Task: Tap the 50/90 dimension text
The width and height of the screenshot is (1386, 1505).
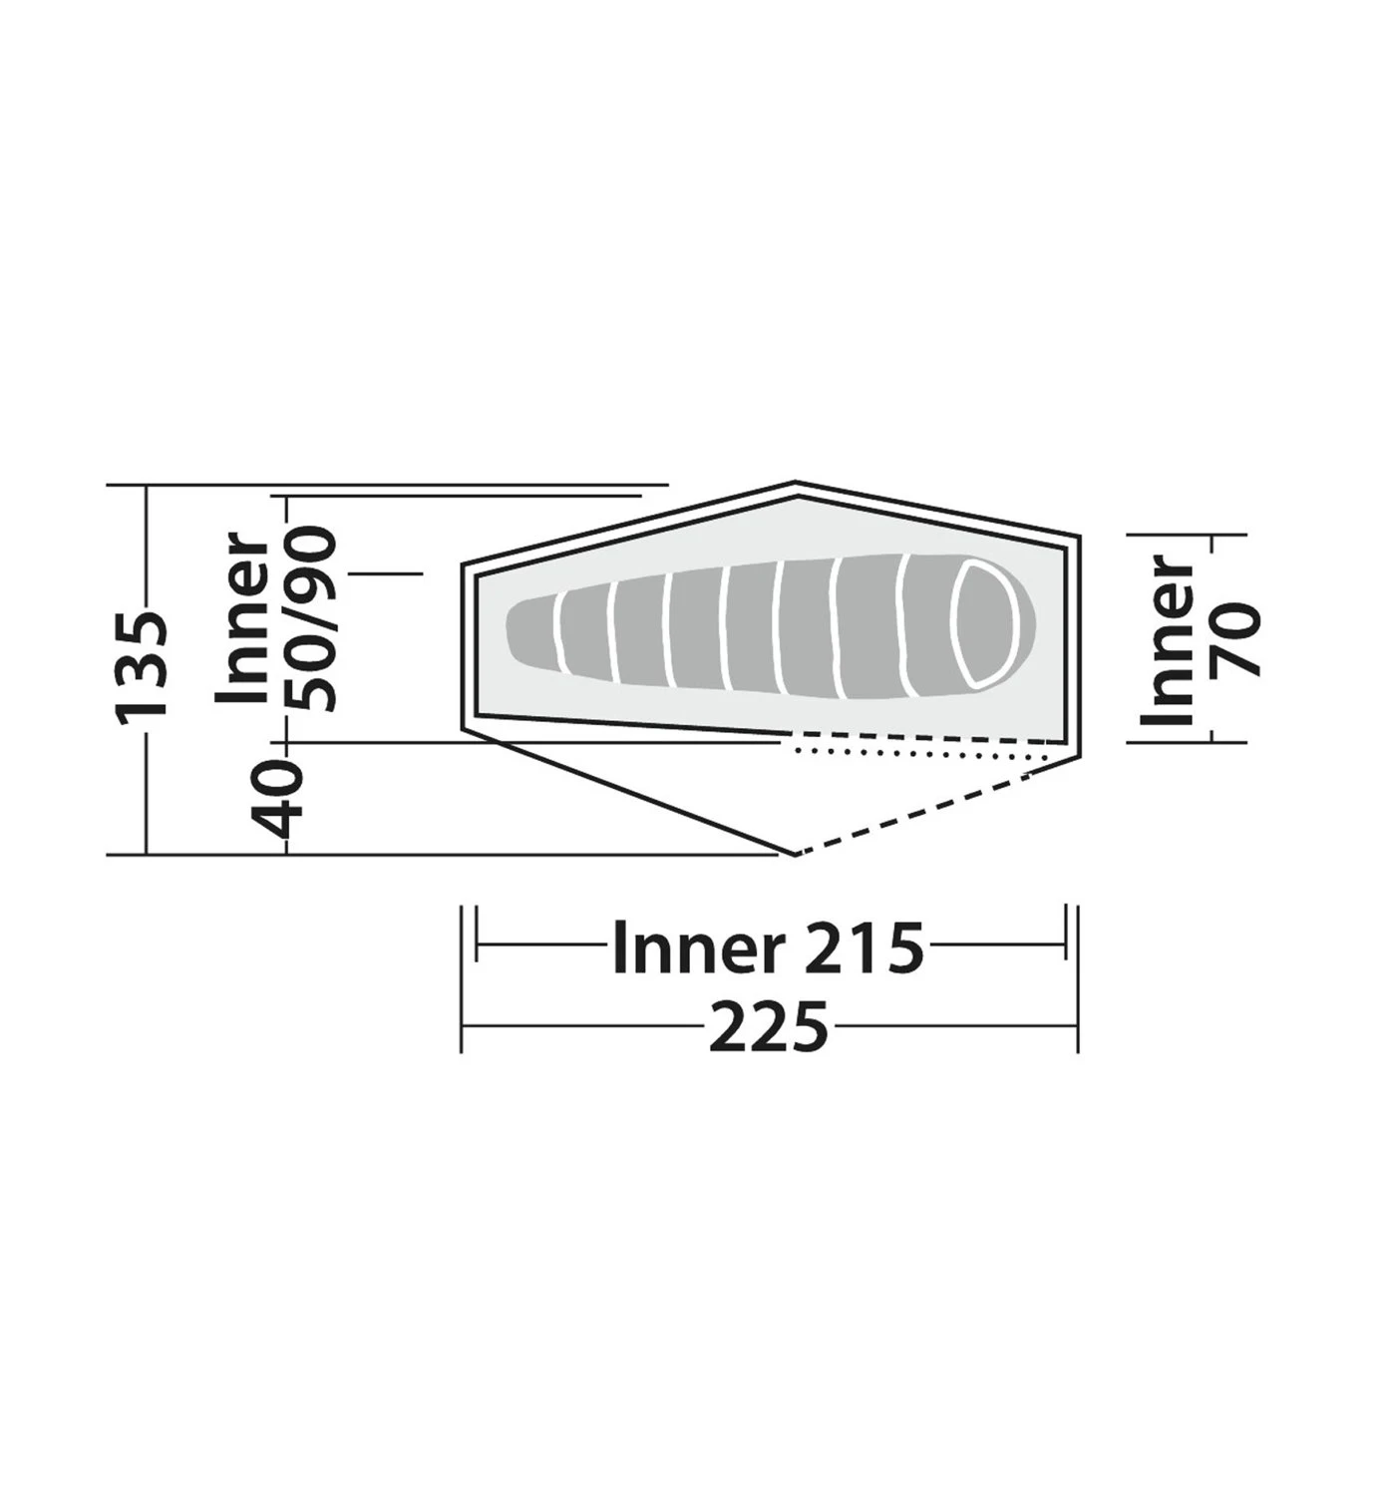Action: click(311, 619)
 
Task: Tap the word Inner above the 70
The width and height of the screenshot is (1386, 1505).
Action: click(1172, 641)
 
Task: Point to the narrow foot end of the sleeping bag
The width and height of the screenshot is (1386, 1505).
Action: click(523, 629)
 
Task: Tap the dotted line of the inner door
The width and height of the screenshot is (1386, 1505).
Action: click(917, 752)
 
